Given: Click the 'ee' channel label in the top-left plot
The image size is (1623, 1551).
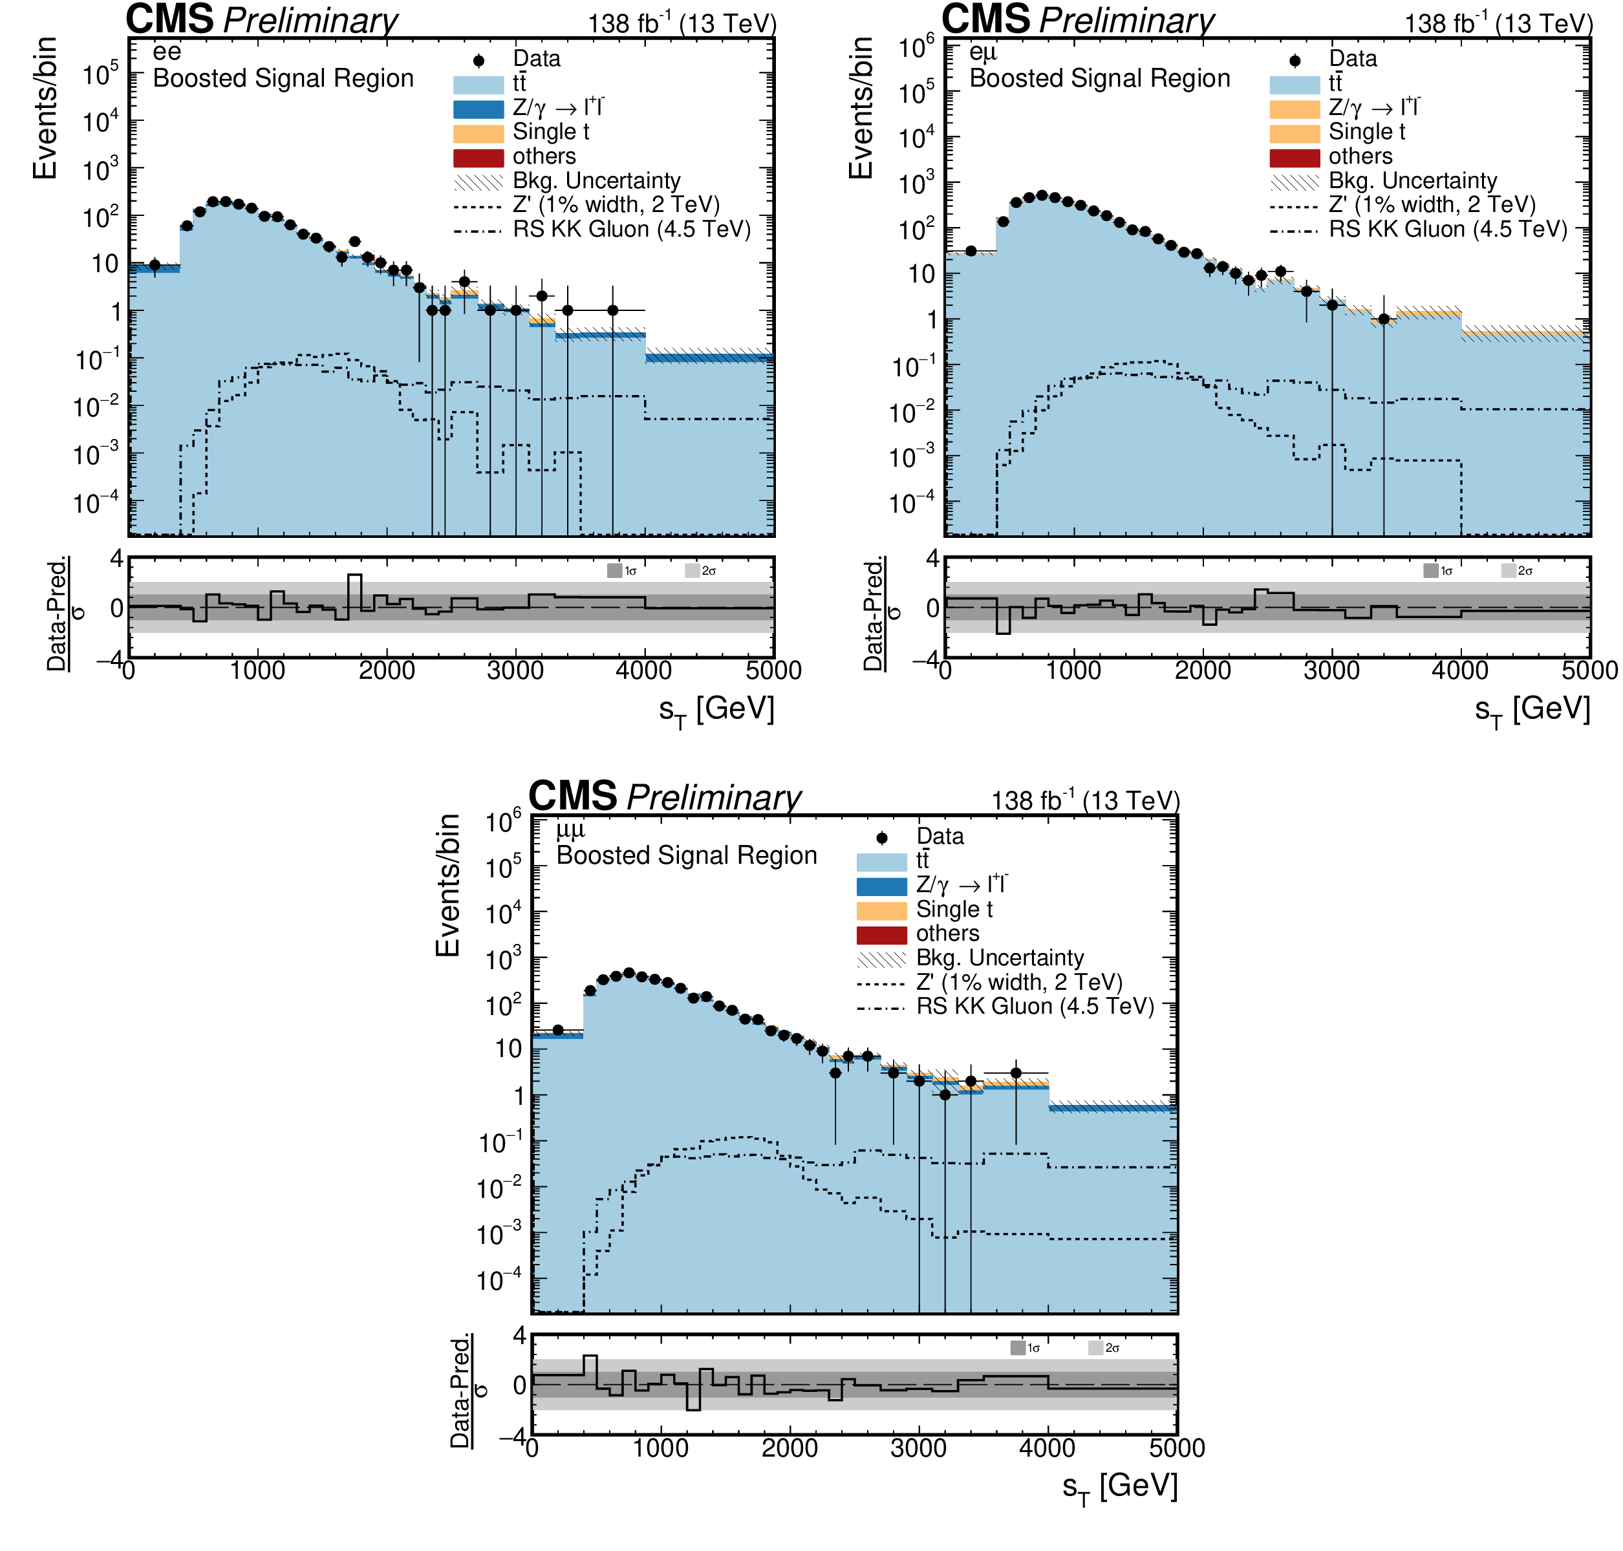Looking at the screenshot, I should [166, 53].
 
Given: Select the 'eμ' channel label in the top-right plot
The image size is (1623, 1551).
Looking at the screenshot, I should [982, 53].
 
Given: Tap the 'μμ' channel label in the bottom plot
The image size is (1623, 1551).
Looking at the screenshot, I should [570, 829].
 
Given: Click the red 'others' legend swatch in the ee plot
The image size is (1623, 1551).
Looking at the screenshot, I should [478, 157].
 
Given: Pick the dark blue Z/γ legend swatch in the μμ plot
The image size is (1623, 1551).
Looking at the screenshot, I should [881, 886].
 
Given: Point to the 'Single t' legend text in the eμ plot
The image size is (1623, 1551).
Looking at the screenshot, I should [1366, 133].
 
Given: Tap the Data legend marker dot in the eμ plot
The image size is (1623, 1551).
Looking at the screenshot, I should [1295, 60].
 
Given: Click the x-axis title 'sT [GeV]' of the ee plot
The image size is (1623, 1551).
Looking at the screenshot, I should [716, 709].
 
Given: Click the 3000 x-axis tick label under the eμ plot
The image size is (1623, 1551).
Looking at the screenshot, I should [1331, 670].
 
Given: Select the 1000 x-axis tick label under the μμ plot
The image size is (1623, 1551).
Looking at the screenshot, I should [661, 1448].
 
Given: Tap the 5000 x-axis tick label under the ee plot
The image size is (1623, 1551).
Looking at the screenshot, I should [773, 670].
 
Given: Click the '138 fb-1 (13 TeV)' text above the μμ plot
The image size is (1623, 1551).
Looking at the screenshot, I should [1085, 800].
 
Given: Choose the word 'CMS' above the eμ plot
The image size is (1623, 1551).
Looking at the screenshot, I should [985, 20].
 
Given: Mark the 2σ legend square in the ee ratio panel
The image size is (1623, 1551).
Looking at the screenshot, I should [692, 570].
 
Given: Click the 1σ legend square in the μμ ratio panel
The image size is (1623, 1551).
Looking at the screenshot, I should [1018, 1349].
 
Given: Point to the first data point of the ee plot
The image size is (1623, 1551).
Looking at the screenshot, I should [155, 264].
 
